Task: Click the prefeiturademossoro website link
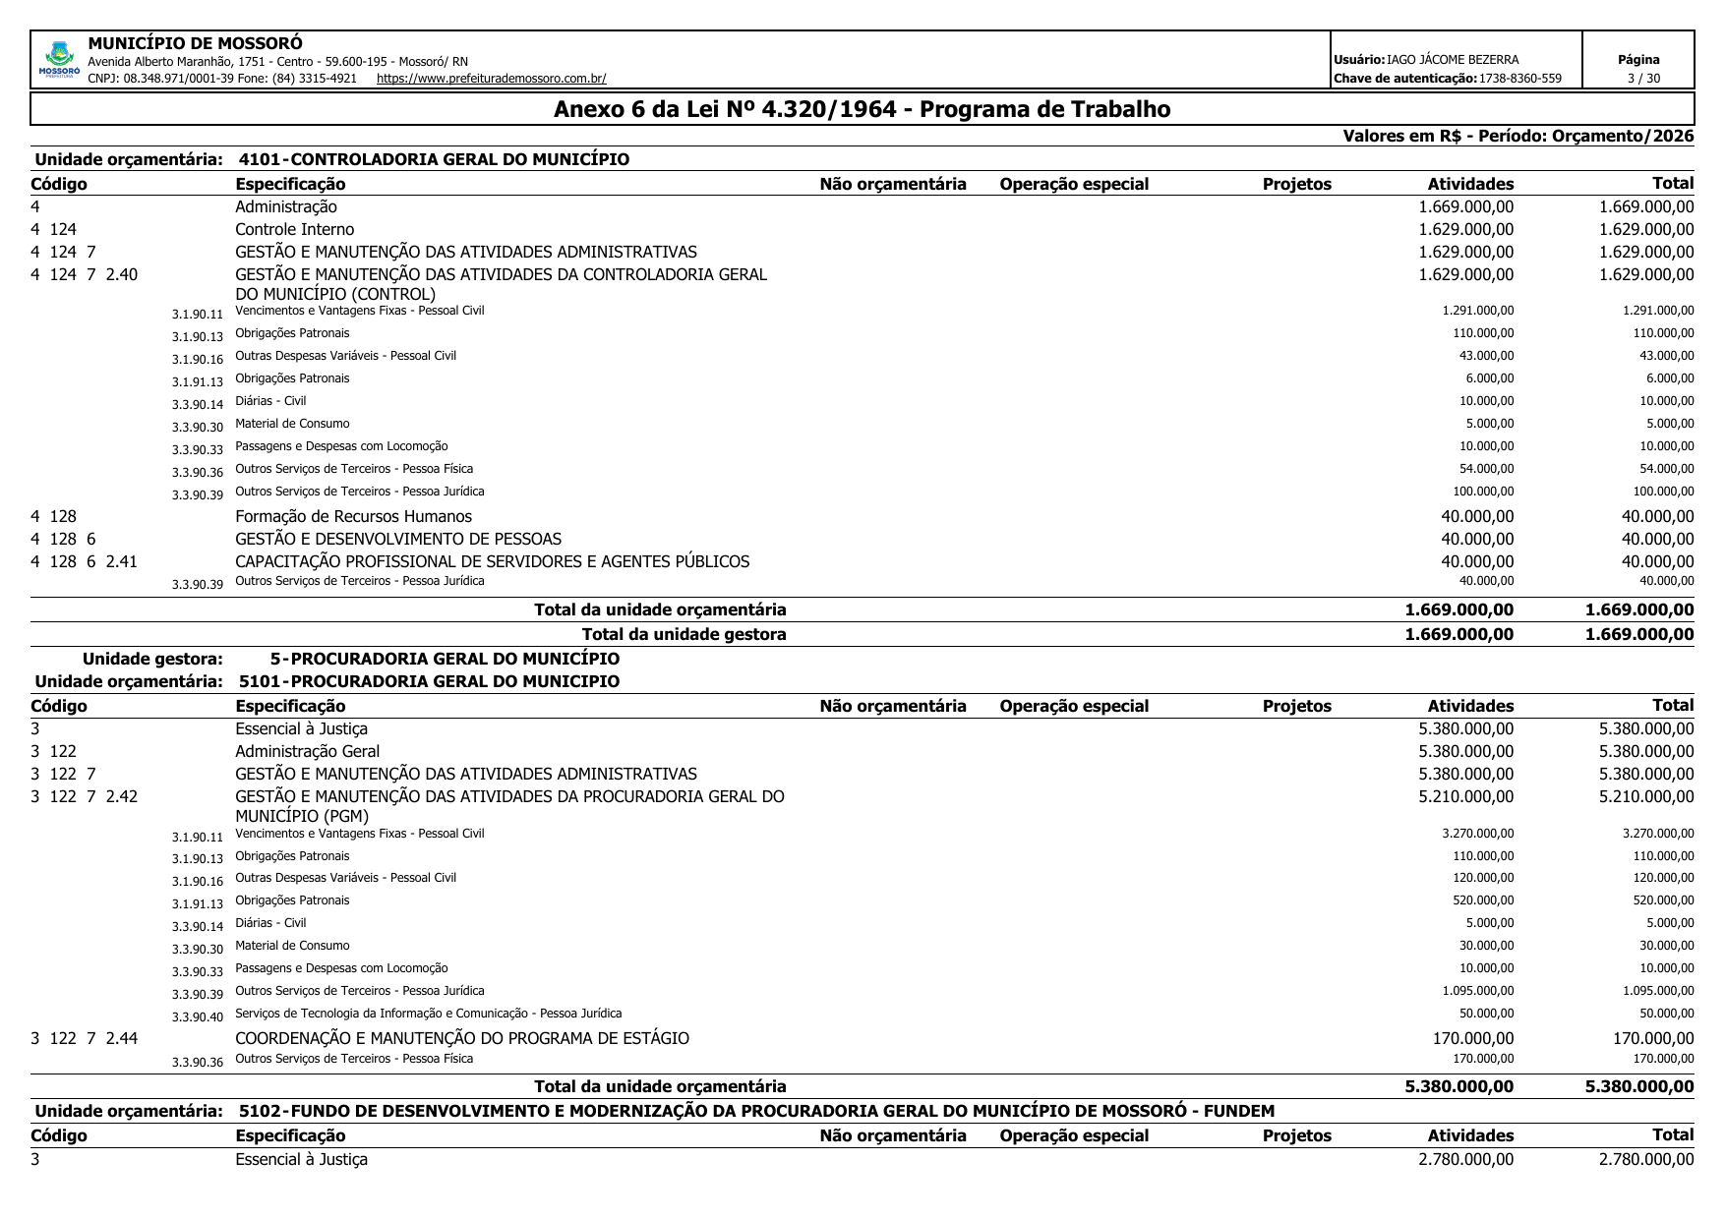(x=491, y=79)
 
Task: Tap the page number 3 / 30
(x=1637, y=79)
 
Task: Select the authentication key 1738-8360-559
(x=1519, y=79)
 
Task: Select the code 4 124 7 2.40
(x=85, y=275)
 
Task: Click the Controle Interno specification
(x=294, y=230)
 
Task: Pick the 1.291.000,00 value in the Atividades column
(x=1477, y=311)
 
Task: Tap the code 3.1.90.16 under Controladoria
(x=198, y=360)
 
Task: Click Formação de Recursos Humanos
(x=353, y=517)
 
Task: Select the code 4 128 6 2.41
(x=85, y=562)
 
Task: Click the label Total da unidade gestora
(x=684, y=635)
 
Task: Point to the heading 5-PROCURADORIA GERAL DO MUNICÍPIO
(x=445, y=659)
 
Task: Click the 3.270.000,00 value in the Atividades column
(x=1477, y=834)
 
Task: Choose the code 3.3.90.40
(x=198, y=1017)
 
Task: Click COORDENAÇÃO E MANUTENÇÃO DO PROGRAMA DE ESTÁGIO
(x=461, y=1039)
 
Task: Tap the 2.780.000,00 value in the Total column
(x=1646, y=1160)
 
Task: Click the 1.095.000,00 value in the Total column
(x=1658, y=991)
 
